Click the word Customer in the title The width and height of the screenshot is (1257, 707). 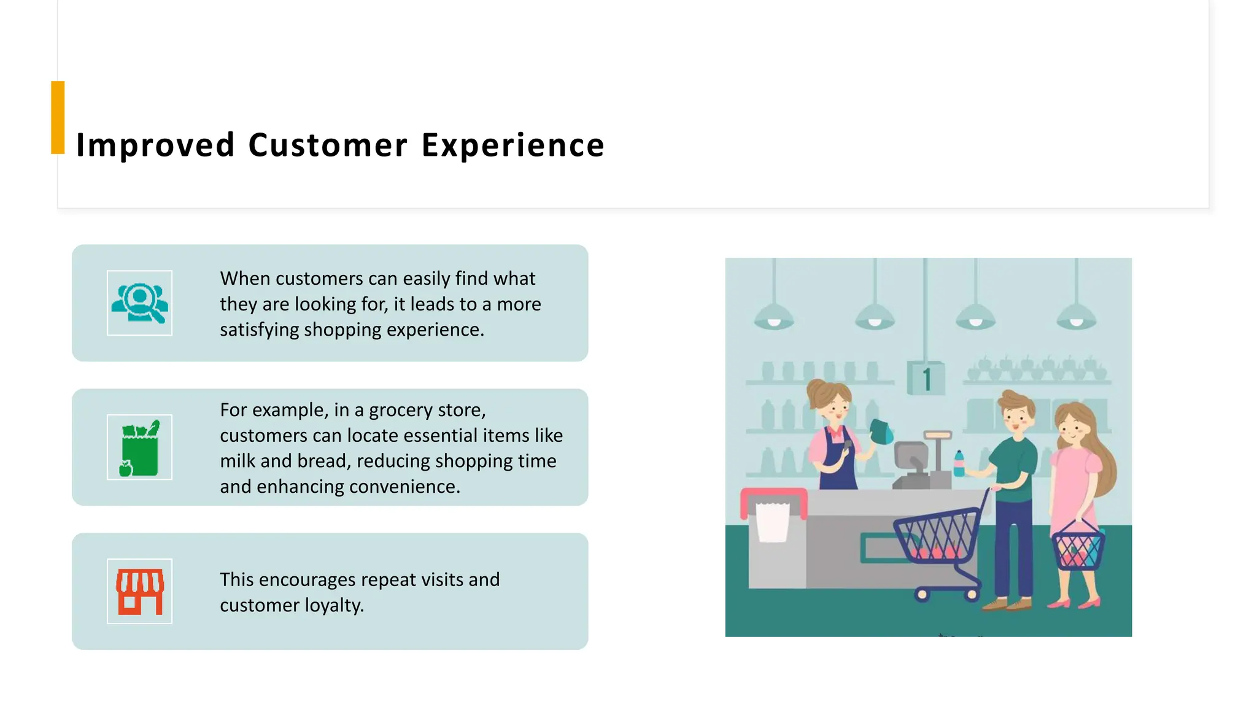pos(328,145)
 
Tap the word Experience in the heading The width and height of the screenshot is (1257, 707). pos(512,145)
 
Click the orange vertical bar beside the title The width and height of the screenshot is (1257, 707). pos(58,117)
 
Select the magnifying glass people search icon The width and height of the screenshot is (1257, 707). pos(139,303)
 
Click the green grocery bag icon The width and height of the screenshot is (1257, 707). pos(140,448)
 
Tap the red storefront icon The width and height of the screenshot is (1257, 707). pos(140,592)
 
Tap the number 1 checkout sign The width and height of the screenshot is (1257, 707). pos(926,379)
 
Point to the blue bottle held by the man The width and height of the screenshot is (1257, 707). pos(959,465)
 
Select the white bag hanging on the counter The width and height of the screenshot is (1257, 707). pos(773,522)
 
